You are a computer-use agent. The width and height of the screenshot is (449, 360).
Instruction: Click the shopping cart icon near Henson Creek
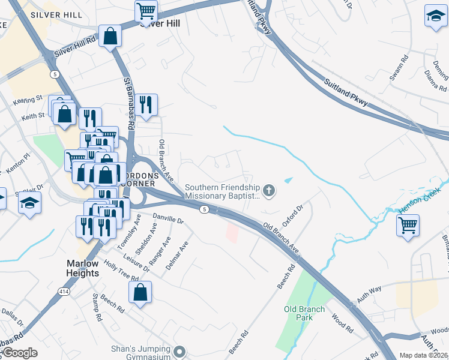[x=408, y=226]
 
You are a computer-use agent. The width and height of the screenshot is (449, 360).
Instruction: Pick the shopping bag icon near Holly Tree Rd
[x=140, y=292]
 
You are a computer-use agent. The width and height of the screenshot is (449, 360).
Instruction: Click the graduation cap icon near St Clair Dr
[x=29, y=203]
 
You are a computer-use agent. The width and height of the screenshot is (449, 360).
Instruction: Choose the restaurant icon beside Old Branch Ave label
[x=146, y=104]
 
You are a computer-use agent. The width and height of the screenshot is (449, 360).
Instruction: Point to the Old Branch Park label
[x=304, y=313]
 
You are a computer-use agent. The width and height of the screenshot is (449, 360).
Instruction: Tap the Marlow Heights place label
[x=82, y=268]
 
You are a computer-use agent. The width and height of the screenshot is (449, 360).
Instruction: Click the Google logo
[x=19, y=353]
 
